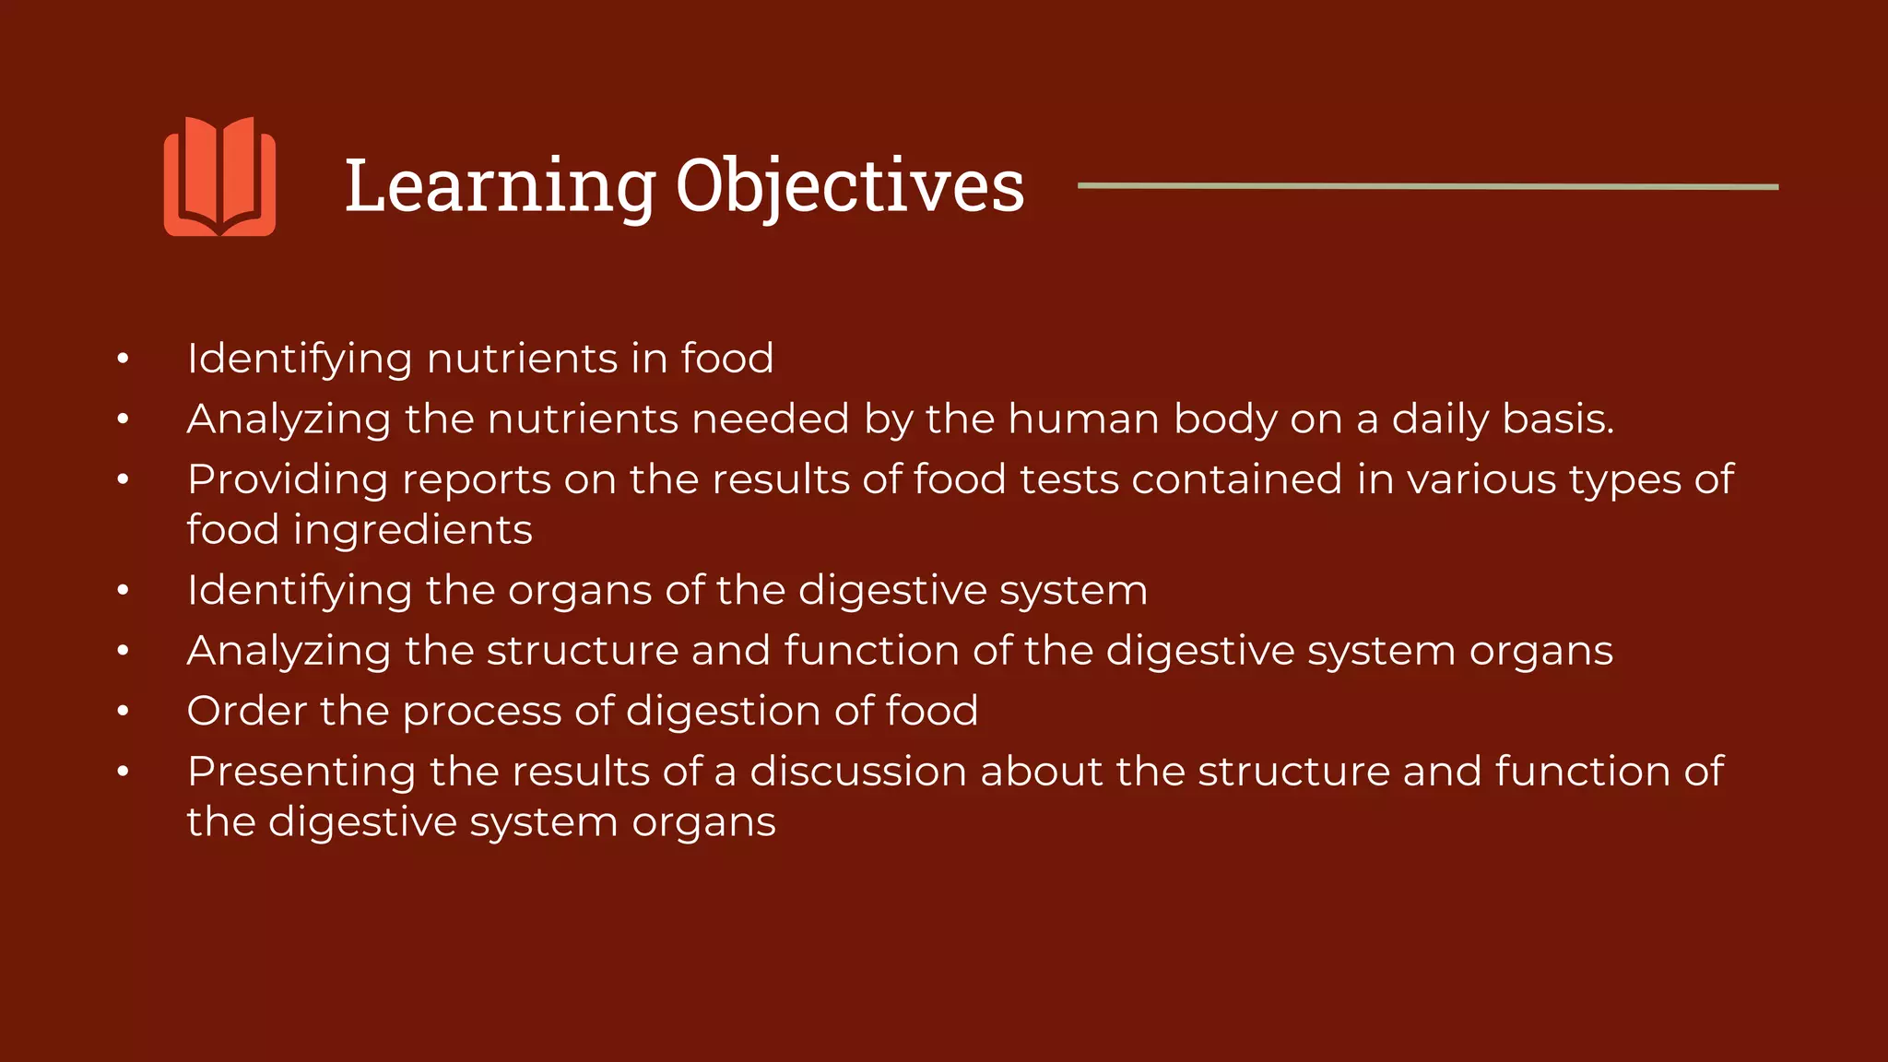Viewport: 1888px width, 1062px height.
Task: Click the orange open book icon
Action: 219,176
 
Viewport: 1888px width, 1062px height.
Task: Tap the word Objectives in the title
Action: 849,187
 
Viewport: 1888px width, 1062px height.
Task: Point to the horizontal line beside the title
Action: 1427,186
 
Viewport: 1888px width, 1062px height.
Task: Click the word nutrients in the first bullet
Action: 522,359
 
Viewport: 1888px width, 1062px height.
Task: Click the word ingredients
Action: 413,530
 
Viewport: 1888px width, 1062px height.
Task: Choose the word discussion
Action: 857,772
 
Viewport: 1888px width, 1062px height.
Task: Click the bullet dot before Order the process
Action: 123,712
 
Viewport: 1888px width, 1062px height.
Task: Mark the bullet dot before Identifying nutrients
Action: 123,360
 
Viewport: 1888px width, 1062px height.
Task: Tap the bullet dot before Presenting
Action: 123,773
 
